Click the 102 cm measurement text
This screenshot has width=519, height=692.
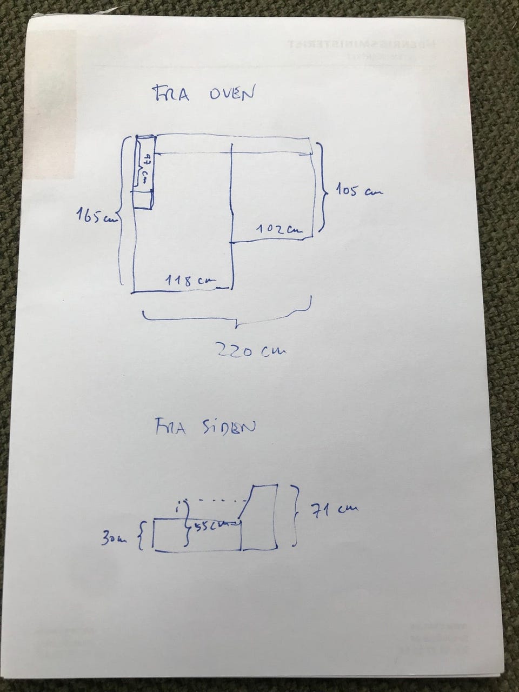[277, 229]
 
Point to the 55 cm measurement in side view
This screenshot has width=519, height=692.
[212, 525]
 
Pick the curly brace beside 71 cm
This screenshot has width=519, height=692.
[296, 515]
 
